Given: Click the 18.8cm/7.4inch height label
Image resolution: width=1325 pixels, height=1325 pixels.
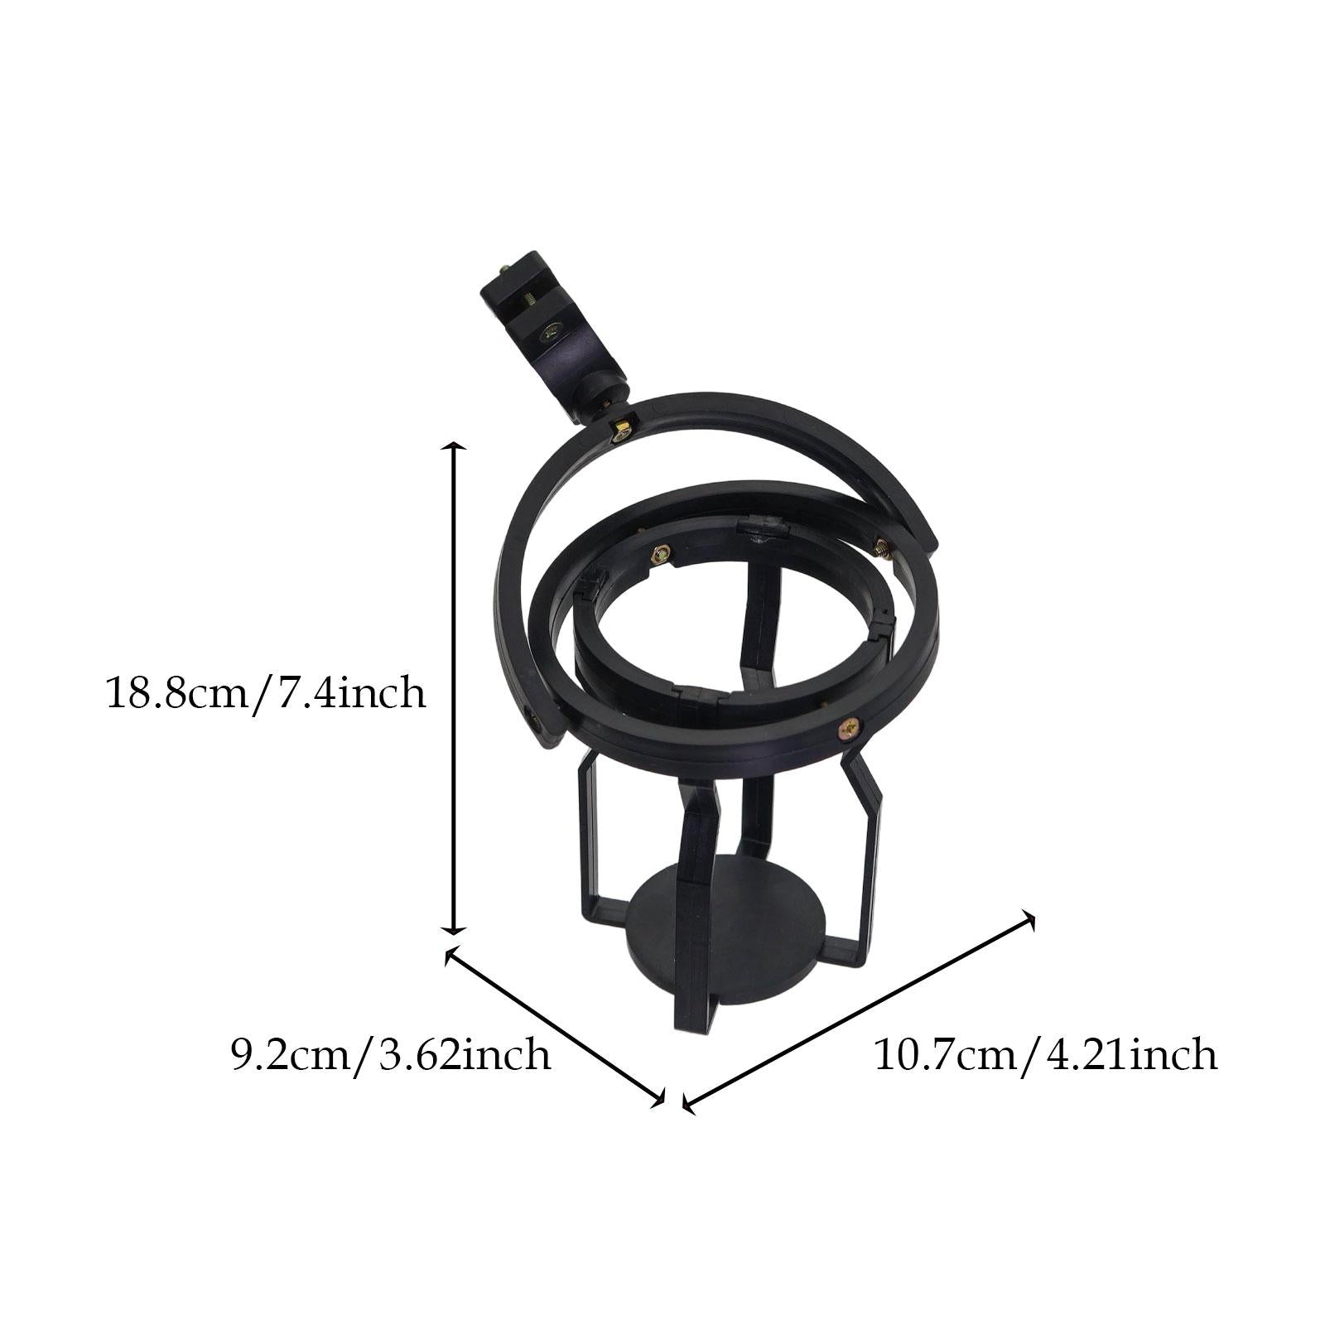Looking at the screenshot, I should pyautogui.click(x=266, y=692).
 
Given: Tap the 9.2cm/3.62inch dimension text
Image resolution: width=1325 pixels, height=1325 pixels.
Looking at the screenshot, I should pyautogui.click(x=391, y=1055).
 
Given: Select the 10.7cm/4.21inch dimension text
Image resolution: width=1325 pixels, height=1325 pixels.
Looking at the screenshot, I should pyautogui.click(x=1046, y=1055).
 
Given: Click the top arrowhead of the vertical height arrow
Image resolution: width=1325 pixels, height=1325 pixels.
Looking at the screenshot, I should pyautogui.click(x=453, y=448).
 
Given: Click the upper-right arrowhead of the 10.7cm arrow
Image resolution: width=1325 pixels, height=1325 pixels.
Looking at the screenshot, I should pyautogui.click(x=1029, y=915).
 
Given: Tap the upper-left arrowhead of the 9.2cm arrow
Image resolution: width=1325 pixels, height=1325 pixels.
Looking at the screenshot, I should pyautogui.click(x=450, y=956).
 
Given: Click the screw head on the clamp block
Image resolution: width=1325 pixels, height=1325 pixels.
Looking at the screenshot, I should pyautogui.click(x=550, y=333).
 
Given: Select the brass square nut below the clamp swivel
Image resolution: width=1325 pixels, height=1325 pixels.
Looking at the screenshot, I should pyautogui.click(x=619, y=430).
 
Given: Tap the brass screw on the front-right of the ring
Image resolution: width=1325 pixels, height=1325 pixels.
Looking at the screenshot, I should pyautogui.click(x=850, y=728).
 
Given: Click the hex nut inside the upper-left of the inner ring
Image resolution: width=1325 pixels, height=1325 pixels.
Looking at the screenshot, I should pyautogui.click(x=660, y=554).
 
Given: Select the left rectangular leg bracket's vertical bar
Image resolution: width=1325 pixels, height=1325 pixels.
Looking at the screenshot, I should pyautogui.click(x=584, y=836).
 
